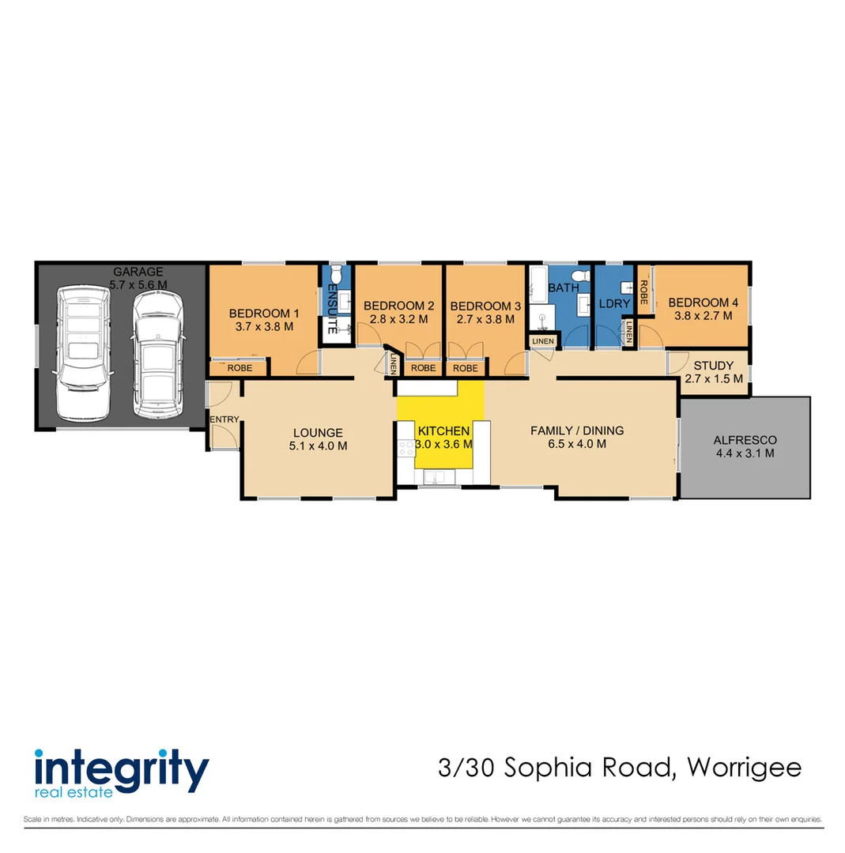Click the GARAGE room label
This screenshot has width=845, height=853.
138,272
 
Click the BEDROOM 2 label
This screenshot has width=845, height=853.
398,306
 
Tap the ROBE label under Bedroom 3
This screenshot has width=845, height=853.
465,368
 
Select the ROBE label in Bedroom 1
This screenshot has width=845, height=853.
240,368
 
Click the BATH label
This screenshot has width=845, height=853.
564,288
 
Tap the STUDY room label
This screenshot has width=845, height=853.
713,366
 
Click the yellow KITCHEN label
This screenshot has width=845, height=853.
443,431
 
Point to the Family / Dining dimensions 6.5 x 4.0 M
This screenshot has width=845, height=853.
576,444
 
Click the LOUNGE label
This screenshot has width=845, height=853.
318,433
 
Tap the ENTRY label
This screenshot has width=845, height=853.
224,419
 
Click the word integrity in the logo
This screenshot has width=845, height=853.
122,767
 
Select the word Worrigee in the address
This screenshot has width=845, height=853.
745,767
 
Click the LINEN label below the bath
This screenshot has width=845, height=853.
543,341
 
